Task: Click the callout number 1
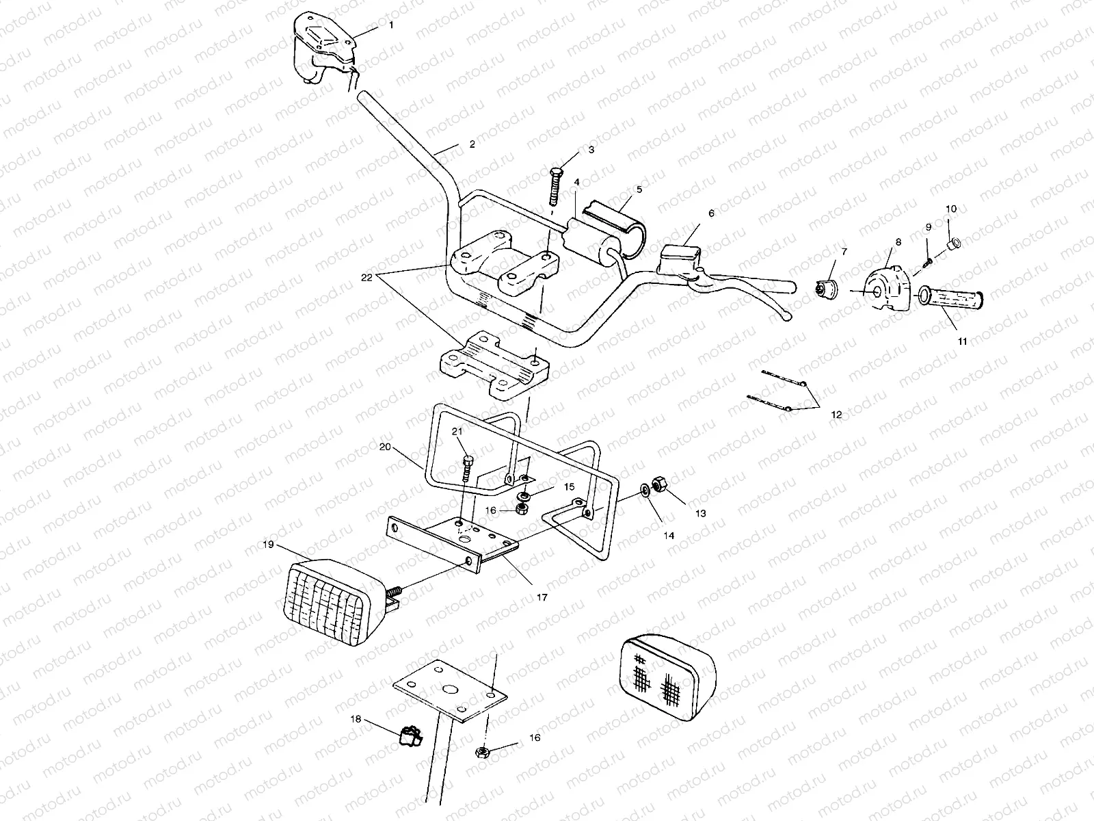(391, 25)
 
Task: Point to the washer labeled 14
(645, 491)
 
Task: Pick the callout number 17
(542, 597)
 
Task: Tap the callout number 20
(384, 446)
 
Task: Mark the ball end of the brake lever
(788, 316)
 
